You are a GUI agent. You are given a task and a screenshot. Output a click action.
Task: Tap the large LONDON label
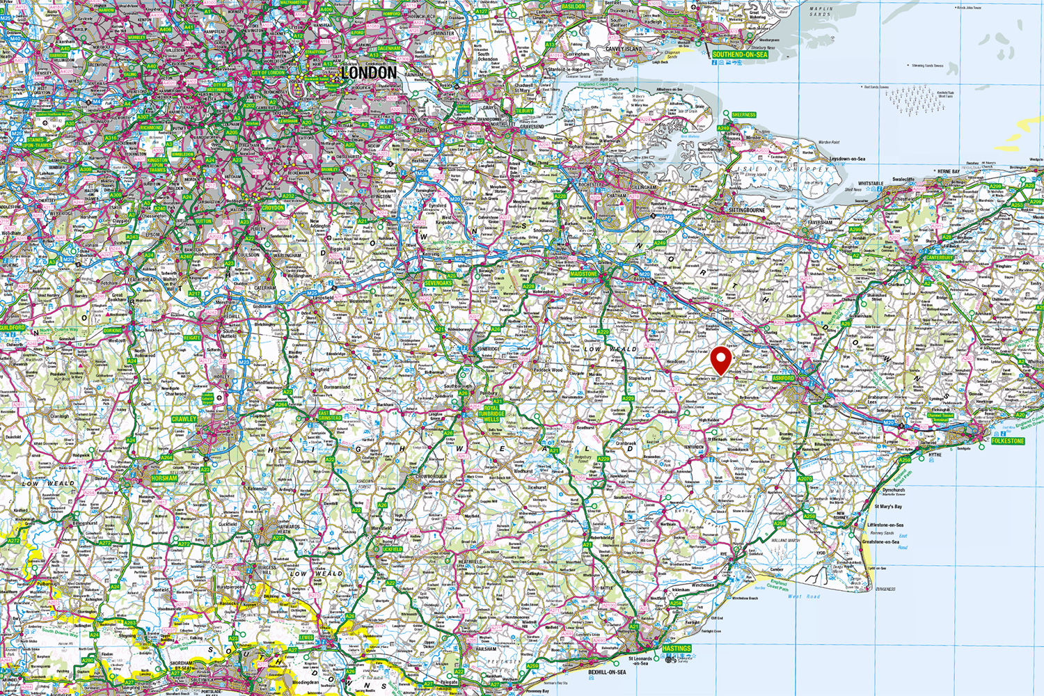(369, 72)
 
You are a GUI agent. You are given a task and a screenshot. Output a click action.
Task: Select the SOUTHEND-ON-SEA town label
(740, 54)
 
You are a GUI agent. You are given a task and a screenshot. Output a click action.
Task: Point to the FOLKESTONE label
(1009, 441)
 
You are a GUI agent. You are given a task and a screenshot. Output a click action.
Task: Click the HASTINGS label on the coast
(677, 648)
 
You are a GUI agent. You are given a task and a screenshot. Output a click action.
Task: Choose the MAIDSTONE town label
(584, 274)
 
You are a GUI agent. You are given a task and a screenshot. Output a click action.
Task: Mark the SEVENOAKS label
(438, 283)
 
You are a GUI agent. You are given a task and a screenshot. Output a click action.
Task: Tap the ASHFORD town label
(783, 378)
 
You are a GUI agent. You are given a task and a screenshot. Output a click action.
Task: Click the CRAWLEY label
(184, 419)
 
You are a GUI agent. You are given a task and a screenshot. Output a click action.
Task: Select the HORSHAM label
(165, 478)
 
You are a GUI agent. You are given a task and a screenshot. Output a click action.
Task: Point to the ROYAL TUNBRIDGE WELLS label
(491, 413)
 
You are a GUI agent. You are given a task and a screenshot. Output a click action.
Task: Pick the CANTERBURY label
(940, 258)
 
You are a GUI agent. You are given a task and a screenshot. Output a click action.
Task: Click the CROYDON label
(273, 207)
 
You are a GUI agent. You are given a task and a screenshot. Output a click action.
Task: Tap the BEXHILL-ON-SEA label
(607, 673)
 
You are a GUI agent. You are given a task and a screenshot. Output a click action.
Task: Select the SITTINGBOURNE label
(746, 209)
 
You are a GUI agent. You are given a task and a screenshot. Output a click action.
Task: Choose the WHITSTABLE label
(871, 184)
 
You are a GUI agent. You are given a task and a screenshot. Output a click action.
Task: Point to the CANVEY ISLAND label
(624, 49)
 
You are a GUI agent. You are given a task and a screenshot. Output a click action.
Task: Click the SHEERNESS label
(744, 115)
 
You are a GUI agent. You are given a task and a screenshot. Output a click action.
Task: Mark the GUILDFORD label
(13, 327)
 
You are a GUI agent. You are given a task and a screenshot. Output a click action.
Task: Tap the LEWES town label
(306, 637)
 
